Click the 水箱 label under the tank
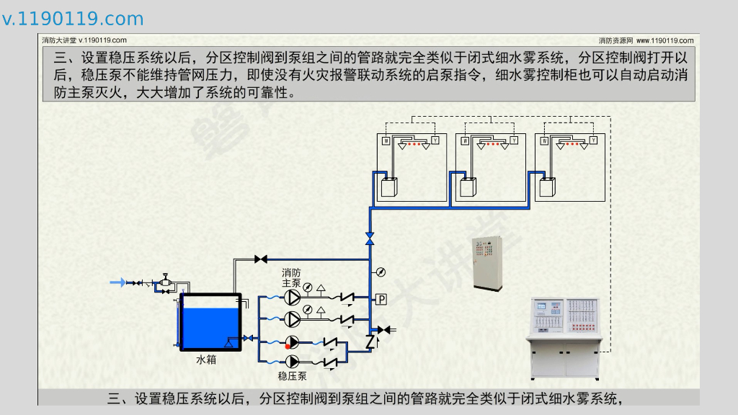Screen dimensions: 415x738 point(206,359)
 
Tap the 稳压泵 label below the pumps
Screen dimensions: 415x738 point(292,375)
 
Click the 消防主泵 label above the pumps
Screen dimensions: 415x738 point(291,278)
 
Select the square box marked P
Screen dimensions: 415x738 point(381,299)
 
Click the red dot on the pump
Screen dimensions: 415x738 point(288,347)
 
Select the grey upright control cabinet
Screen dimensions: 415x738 point(486,263)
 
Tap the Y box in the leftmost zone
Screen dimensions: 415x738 point(435,140)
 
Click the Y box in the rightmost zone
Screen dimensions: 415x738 point(592,140)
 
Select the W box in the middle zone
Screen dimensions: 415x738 point(466,140)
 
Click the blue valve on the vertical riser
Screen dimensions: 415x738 point(370,238)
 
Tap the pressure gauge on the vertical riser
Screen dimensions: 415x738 point(380,272)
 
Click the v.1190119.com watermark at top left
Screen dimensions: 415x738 point(73,19)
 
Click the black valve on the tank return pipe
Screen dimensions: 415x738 point(260,259)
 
